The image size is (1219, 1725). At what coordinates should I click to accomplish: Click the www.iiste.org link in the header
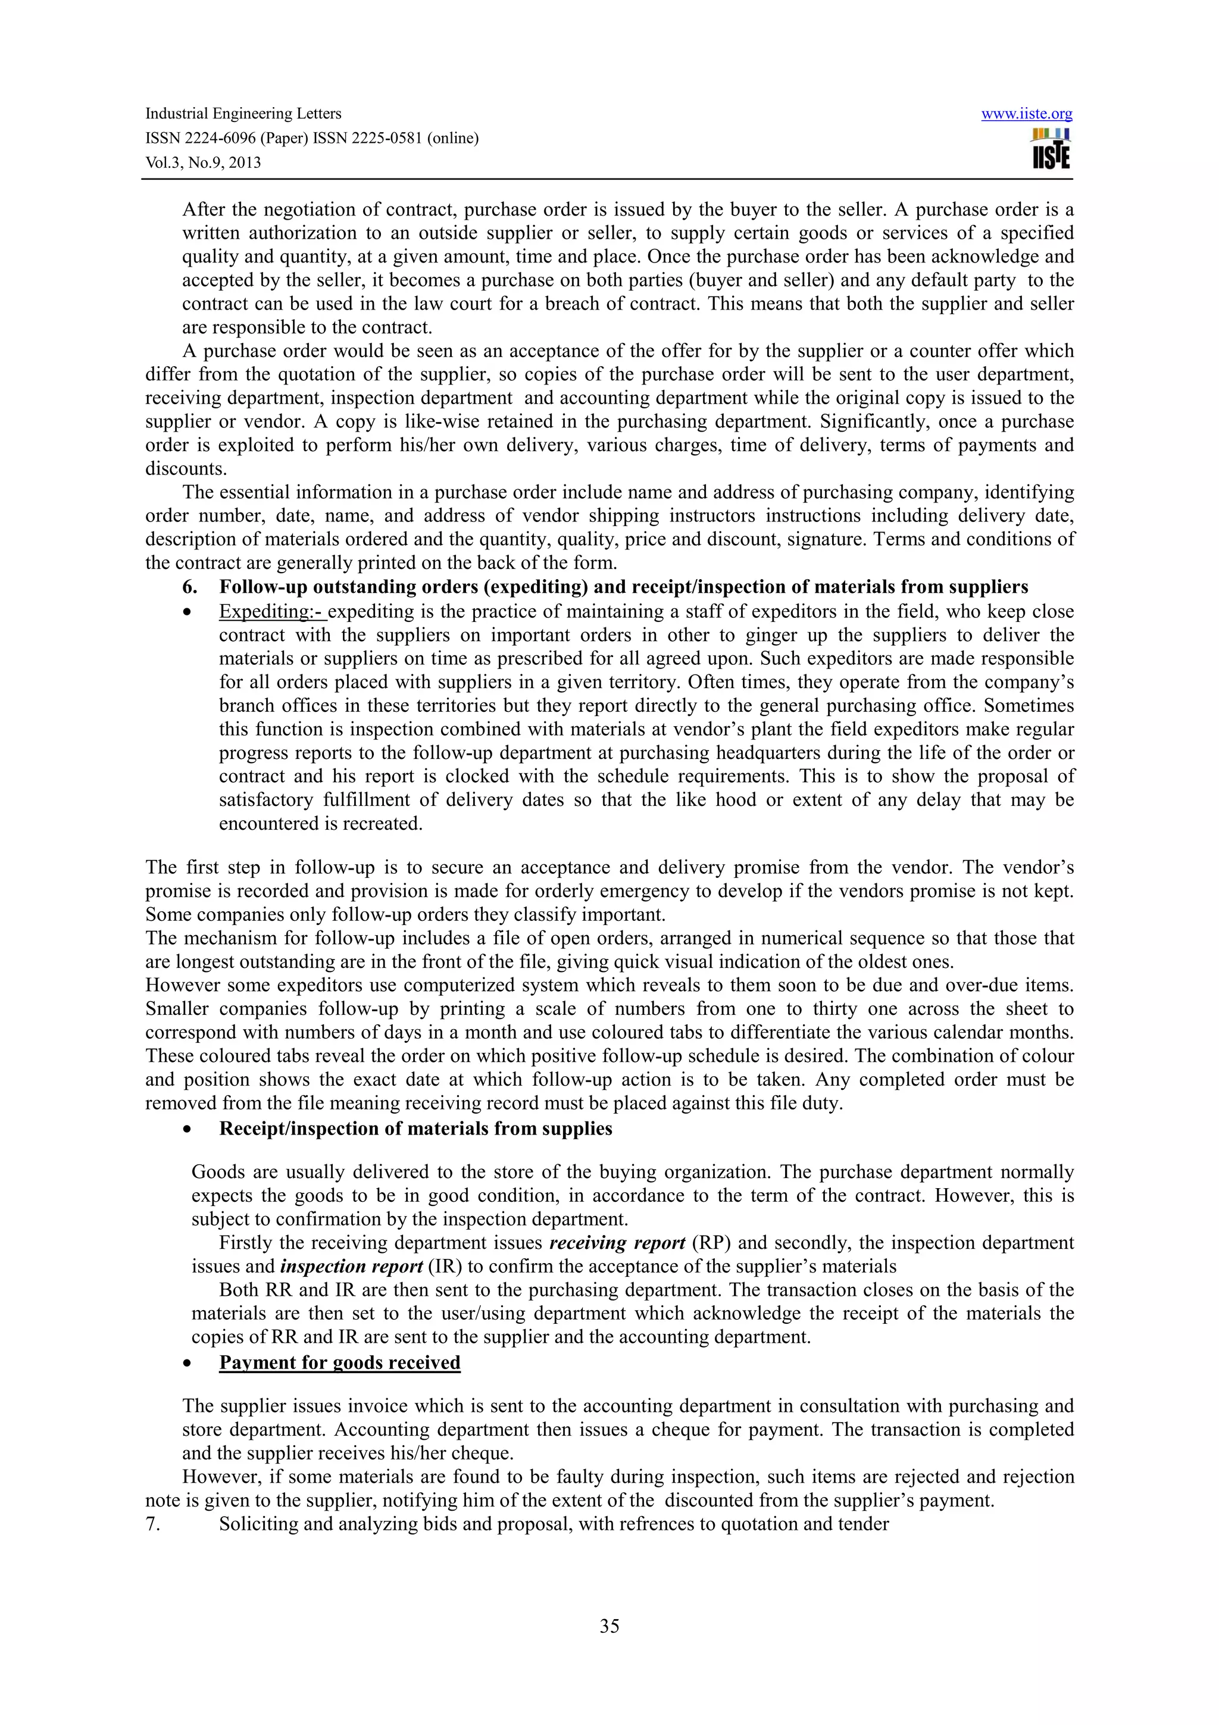(x=1026, y=114)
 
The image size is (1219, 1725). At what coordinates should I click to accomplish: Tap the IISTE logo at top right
(x=1051, y=149)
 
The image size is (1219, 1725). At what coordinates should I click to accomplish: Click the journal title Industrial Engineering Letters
(x=243, y=114)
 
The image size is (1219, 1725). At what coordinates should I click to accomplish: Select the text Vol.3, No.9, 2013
(x=203, y=162)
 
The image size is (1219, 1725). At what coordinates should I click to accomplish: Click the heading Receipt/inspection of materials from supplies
(x=415, y=1129)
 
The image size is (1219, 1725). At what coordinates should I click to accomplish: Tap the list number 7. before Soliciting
(x=152, y=1524)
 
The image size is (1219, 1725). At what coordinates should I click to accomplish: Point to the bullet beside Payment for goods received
(x=187, y=1364)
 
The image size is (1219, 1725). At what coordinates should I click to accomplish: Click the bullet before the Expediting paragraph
(x=187, y=612)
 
